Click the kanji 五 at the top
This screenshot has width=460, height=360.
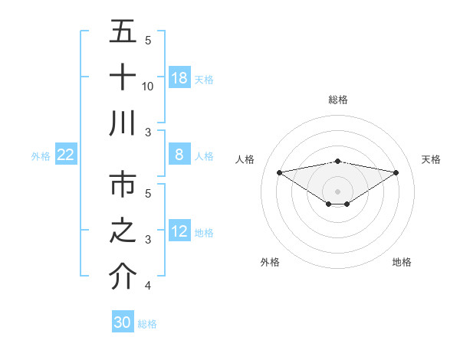pyautogui.click(x=123, y=33)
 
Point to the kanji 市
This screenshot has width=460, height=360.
pyautogui.click(x=123, y=186)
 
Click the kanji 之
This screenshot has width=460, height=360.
pyautogui.click(x=123, y=231)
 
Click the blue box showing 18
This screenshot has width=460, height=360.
pyautogui.click(x=179, y=77)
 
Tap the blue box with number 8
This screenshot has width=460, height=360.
pyautogui.click(x=179, y=155)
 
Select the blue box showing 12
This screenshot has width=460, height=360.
pyautogui.click(x=179, y=231)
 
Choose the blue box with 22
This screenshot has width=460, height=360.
pyautogui.click(x=65, y=155)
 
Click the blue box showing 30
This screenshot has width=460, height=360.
pyautogui.click(x=122, y=322)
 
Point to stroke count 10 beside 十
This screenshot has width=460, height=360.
pyautogui.click(x=148, y=87)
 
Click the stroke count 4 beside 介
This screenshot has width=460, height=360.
pyautogui.click(x=147, y=286)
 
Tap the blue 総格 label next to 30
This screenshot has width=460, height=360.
pyautogui.click(x=147, y=324)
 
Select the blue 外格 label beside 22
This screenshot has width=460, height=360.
pyautogui.click(x=41, y=155)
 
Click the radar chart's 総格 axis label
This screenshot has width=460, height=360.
pyautogui.click(x=337, y=100)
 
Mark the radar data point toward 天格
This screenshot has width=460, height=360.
pyautogui.click(x=396, y=172)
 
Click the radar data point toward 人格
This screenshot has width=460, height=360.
pyautogui.click(x=279, y=172)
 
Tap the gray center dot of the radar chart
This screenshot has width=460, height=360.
pyautogui.click(x=337, y=191)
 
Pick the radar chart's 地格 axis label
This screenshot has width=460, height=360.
pyautogui.click(x=402, y=262)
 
